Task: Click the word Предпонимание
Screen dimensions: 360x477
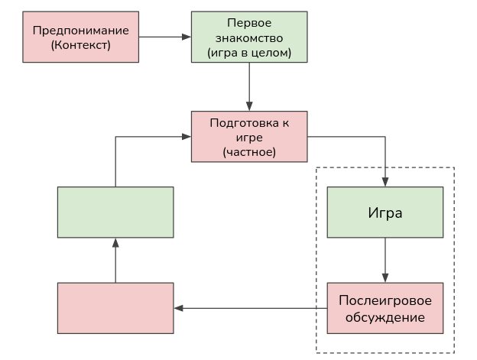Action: [80, 31]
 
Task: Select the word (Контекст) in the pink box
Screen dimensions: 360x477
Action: [80, 45]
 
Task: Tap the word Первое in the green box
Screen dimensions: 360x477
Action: [249, 23]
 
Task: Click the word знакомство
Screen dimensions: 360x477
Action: [249, 37]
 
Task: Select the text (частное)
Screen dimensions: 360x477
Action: [249, 152]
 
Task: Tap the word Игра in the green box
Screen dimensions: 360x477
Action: [385, 212]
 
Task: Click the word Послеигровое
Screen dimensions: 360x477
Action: [385, 300]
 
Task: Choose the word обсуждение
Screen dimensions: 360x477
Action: [385, 316]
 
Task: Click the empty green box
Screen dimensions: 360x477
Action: [115, 212]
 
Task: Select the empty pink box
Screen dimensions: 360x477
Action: [115, 308]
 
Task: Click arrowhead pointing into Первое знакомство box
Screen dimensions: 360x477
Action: [187, 37]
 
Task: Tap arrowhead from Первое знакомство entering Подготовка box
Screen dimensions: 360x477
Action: [249, 107]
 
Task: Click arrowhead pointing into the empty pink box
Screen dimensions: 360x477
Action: [178, 308]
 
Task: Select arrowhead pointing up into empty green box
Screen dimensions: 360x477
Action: [115, 242]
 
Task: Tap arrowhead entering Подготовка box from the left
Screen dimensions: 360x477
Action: [187, 137]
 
